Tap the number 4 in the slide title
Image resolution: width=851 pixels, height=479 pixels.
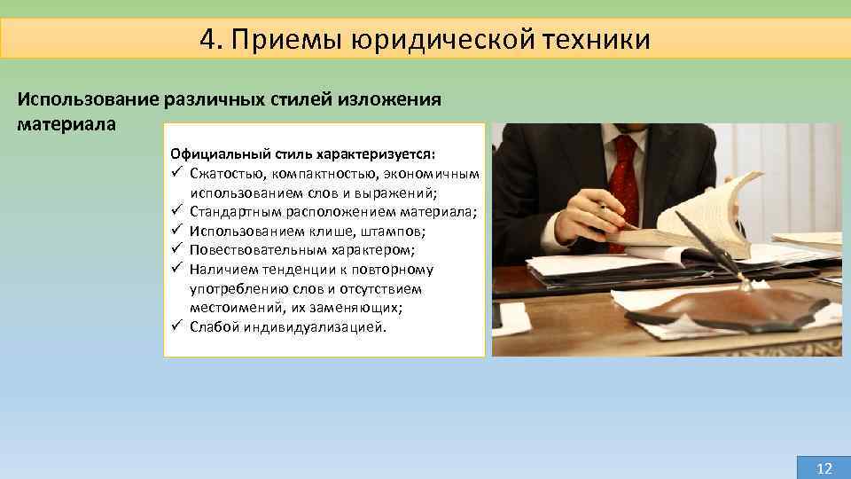[207, 40]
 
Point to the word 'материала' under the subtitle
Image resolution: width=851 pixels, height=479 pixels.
[66, 123]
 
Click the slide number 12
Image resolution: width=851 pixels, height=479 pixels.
[824, 467]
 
